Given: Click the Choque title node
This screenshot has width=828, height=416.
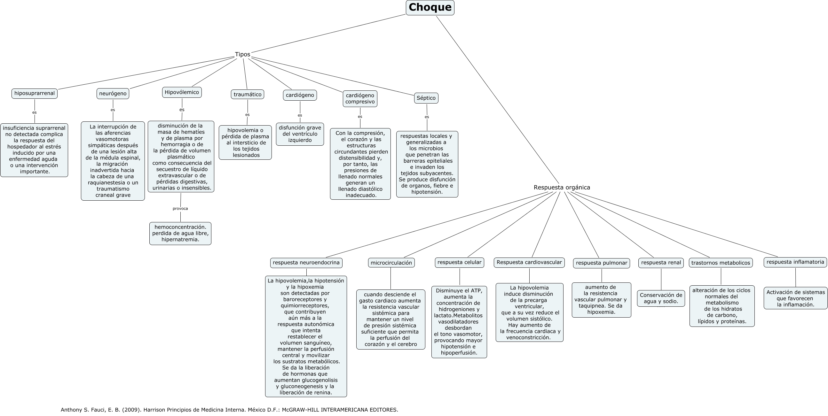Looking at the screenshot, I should point(430,7).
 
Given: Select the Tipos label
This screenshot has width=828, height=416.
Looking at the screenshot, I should point(242,54).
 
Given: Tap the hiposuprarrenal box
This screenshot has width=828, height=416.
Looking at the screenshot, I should point(35,94).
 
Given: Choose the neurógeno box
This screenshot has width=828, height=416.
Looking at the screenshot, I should point(113,94).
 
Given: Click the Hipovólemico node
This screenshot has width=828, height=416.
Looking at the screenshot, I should point(182,92).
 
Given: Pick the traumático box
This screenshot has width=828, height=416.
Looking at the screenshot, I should point(248,94).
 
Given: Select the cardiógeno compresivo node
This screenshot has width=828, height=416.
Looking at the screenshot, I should point(360,99).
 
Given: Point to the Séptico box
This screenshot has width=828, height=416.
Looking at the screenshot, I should point(426,98).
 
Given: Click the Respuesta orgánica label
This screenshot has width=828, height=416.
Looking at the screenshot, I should point(562,187).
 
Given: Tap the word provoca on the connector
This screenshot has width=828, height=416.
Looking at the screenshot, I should point(180,209).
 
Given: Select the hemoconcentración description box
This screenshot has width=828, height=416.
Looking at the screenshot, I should point(180,234).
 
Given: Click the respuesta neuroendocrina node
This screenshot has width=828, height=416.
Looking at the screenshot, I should point(306,262).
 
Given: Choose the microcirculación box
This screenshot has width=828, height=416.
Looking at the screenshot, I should point(391,263).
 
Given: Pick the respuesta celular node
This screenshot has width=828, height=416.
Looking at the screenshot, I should point(459,262).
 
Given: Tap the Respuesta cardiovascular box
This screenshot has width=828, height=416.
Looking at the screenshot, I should point(529,262).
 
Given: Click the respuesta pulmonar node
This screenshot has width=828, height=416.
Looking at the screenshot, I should point(601,263).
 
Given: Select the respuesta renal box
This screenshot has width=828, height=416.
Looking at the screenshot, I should point(661,262).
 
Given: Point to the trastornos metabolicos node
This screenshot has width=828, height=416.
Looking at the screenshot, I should point(721,263).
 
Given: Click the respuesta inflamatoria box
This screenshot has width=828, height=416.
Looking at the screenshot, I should point(795,262).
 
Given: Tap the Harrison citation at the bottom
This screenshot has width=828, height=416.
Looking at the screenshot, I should point(230,410).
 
